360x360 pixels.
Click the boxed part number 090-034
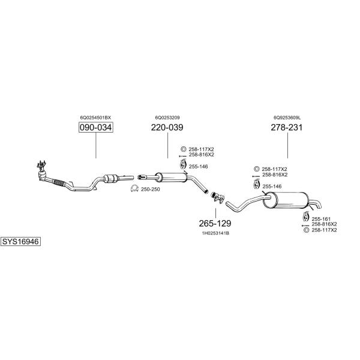point(96,127)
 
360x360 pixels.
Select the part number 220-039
point(167,127)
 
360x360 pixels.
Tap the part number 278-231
point(287,127)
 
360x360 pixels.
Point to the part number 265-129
point(215,223)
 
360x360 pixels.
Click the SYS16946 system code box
point(20,242)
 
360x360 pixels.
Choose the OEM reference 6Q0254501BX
point(95,118)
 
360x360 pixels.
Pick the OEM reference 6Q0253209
point(167,118)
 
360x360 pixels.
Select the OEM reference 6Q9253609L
point(287,118)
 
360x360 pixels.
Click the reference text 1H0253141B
point(215,233)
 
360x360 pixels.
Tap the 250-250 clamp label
point(151,190)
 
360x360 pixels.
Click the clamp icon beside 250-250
point(134,188)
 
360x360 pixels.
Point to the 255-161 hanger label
point(321,219)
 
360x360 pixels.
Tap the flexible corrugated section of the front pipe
point(59,183)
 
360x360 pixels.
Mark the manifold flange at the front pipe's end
point(41,164)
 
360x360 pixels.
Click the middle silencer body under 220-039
point(171,178)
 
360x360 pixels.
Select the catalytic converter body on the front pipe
point(111,179)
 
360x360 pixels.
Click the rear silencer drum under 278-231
point(286,200)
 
